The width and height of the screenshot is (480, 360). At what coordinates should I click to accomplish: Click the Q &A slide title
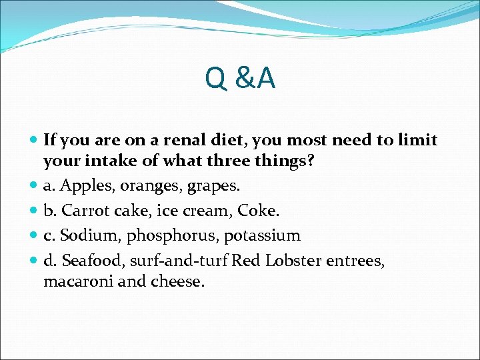(240, 79)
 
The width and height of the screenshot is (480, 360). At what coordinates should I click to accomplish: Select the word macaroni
(73, 281)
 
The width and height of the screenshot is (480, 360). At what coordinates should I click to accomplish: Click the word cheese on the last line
(179, 281)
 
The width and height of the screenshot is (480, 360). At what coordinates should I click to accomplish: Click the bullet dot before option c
(33, 236)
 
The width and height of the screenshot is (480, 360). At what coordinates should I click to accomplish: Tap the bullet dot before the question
(33, 141)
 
